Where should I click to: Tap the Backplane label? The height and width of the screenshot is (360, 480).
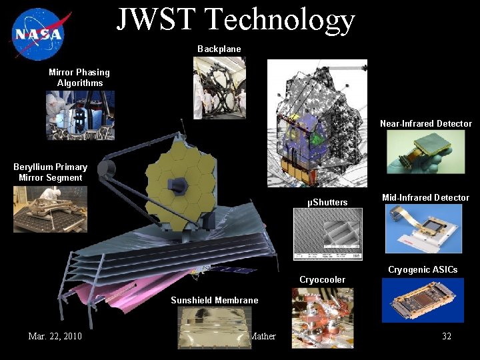click(219, 49)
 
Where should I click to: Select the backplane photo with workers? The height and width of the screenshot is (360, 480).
click(219, 88)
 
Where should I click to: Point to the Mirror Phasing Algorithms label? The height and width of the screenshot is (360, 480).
click(79, 77)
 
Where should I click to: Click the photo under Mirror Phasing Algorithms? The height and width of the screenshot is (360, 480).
click(80, 115)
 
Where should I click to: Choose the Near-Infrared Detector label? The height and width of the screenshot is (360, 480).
click(425, 123)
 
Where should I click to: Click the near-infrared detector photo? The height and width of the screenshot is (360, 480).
click(425, 152)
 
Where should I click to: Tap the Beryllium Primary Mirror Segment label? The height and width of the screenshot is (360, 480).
click(50, 172)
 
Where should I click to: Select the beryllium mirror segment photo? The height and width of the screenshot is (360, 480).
click(50, 209)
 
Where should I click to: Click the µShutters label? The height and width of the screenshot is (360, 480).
click(327, 202)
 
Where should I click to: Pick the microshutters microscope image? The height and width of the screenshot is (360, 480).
click(328, 234)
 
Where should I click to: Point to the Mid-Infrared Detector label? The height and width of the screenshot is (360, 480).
click(425, 197)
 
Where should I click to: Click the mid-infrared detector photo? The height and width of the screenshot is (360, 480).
click(423, 229)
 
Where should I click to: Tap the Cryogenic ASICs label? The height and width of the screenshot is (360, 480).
click(423, 269)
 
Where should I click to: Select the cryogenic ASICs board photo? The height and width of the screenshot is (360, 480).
click(422, 300)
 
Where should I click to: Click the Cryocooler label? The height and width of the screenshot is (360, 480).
click(322, 279)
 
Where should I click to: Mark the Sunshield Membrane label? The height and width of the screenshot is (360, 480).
click(214, 300)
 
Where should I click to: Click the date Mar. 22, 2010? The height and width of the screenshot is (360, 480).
click(55, 336)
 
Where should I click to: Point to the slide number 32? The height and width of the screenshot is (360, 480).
click(447, 336)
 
